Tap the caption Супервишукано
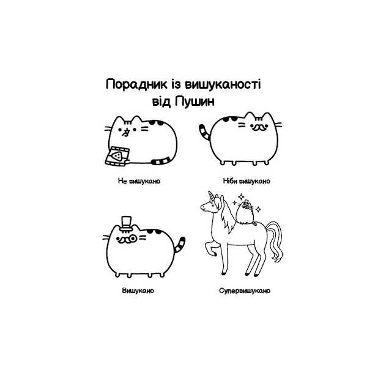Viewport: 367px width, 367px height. [x=243, y=291]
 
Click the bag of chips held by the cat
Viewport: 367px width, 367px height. [x=115, y=155]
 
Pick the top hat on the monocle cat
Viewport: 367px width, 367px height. [x=127, y=221]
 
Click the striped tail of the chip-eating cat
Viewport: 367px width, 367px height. [x=163, y=161]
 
